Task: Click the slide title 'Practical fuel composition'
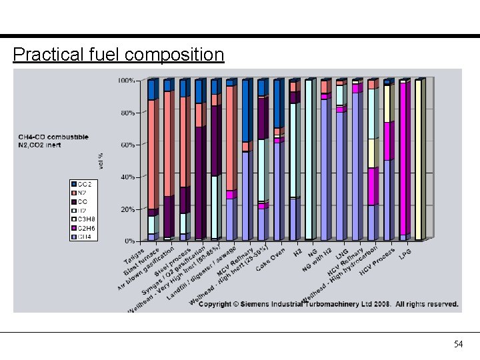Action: point(118,54)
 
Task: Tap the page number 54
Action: point(458,344)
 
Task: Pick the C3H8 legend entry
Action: point(85,219)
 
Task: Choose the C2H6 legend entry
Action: point(85,228)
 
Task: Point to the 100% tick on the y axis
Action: point(127,81)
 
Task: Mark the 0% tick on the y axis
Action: point(129,241)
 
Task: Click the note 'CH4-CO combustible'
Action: point(53,137)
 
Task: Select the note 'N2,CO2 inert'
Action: point(40,145)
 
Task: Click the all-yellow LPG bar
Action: point(419,160)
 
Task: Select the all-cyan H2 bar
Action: point(309,160)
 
